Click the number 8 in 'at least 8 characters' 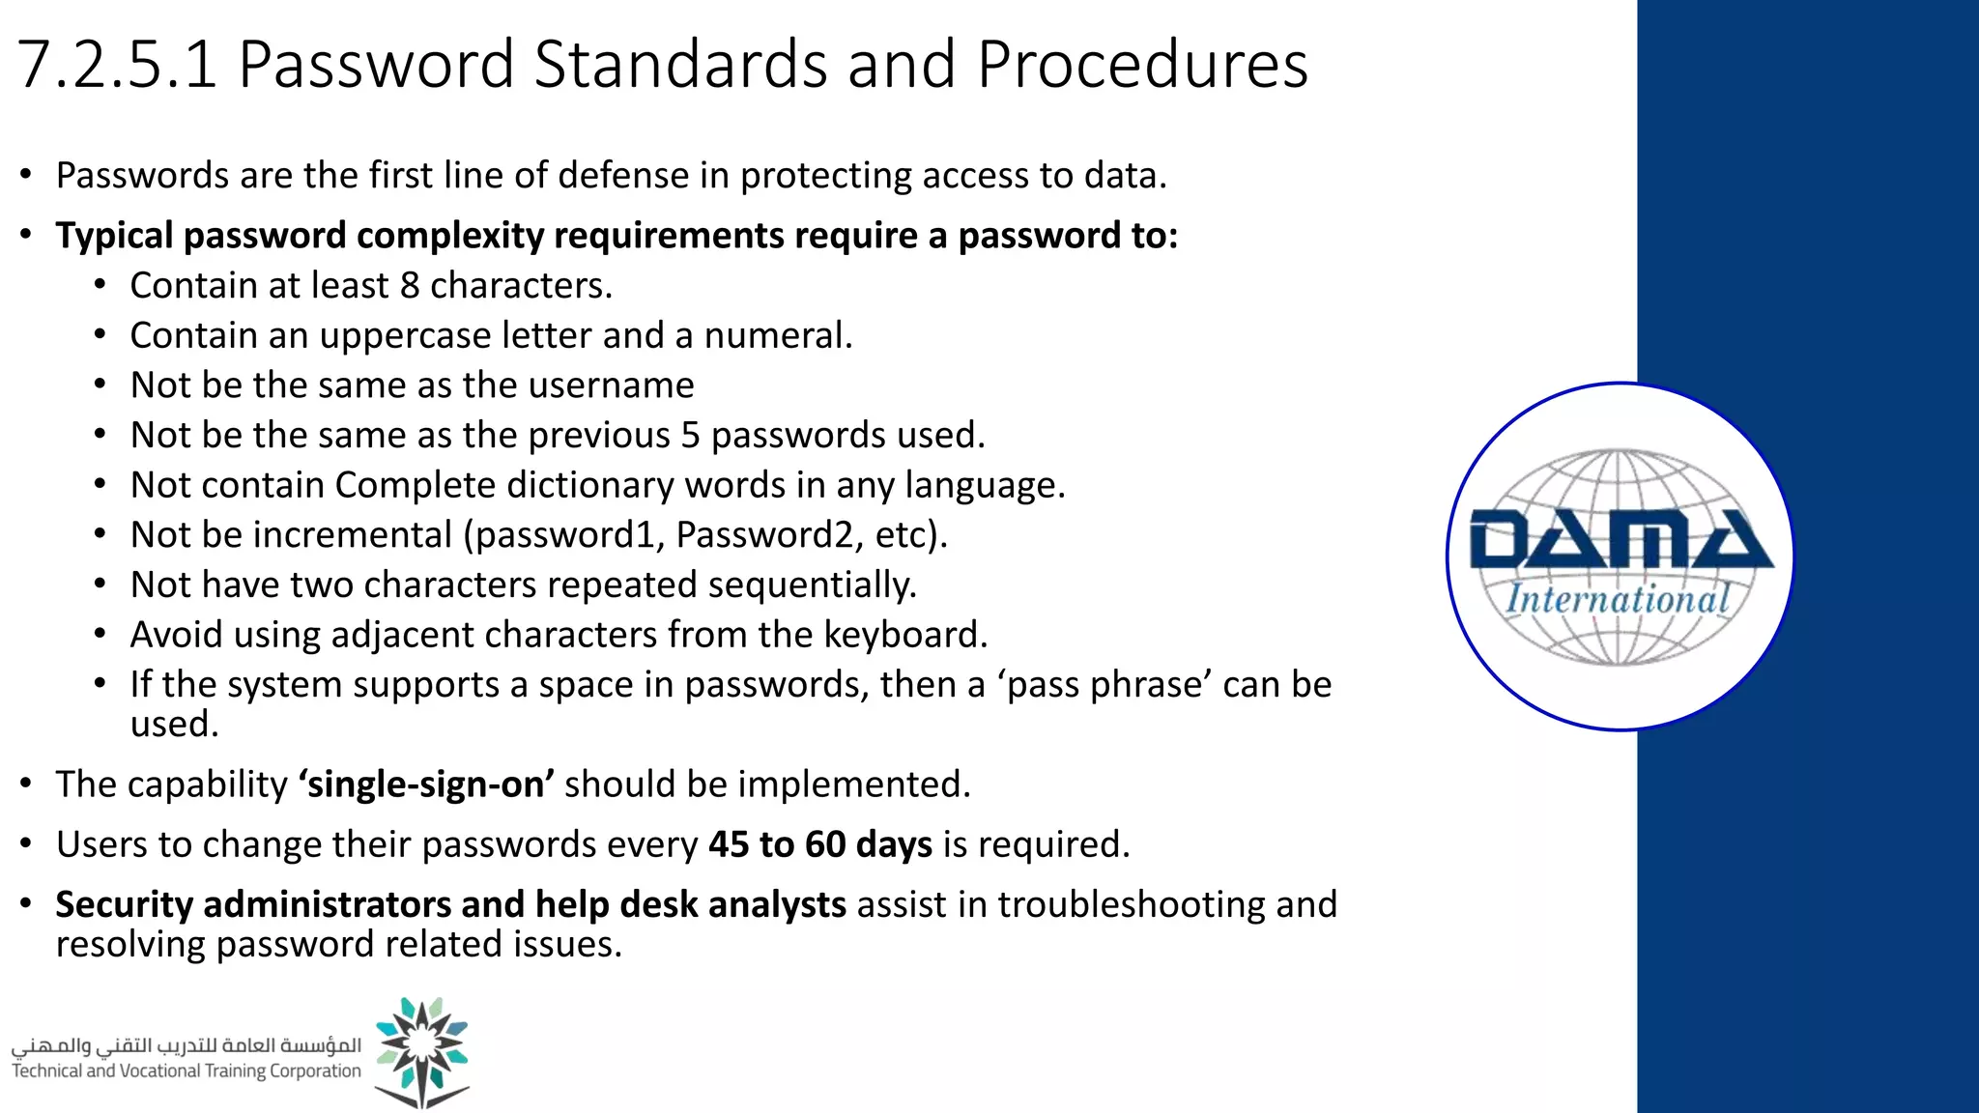click(x=410, y=286)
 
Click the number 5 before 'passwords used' click(x=690, y=436)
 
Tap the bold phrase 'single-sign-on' click(x=426, y=785)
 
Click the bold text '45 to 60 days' click(x=820, y=844)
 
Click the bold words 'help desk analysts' click(x=691, y=904)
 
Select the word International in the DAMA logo click(x=1618, y=599)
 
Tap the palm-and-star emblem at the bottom click(x=422, y=1052)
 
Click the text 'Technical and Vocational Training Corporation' click(x=186, y=1070)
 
